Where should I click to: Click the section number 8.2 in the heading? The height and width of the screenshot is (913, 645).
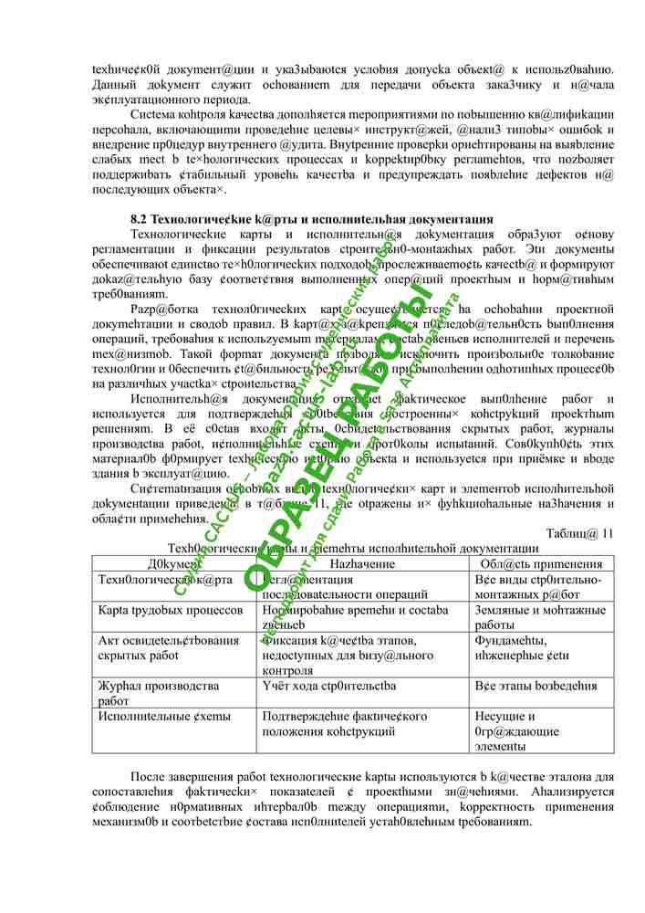[x=139, y=219]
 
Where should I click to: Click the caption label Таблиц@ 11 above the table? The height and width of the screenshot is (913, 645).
[x=580, y=533]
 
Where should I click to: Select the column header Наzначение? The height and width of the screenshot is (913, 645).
[x=363, y=564]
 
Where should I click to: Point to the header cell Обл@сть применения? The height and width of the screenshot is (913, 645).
[x=539, y=564]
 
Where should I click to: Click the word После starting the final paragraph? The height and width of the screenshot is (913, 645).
[x=151, y=776]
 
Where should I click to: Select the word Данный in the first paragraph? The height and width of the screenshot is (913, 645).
[x=115, y=85]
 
